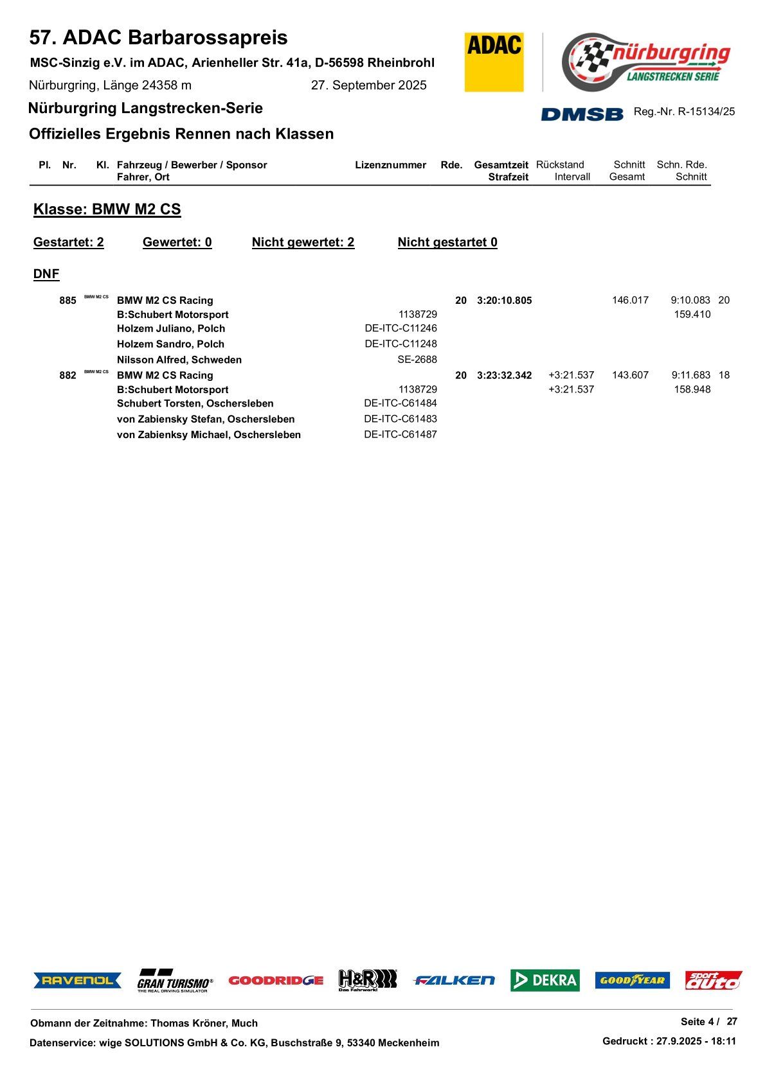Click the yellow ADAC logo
click(494, 62)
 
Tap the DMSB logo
click(582, 114)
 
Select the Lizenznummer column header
click(390, 165)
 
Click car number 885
click(67, 301)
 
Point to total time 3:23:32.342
click(504, 376)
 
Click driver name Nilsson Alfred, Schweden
click(179, 360)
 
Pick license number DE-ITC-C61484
click(400, 403)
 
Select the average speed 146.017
click(630, 300)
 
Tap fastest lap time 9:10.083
click(690, 300)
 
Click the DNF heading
click(46, 274)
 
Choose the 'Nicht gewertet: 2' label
click(303, 242)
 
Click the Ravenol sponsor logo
click(77, 980)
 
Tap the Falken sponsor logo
click(454, 980)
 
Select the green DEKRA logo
click(544, 980)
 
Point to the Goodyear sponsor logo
click(632, 980)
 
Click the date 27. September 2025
click(368, 85)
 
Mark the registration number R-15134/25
click(706, 112)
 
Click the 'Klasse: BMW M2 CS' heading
click(107, 209)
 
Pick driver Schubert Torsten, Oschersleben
click(195, 403)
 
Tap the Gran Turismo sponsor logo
click(174, 981)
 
